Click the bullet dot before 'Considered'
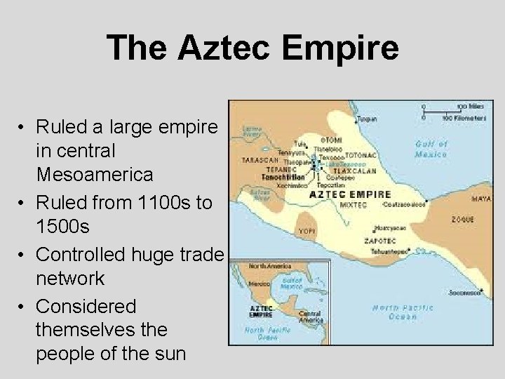coord(23,307)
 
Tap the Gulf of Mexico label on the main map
coord(431,148)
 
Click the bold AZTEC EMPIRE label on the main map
coord(350,194)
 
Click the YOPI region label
coord(306,230)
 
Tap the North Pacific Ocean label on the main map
coord(403,312)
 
